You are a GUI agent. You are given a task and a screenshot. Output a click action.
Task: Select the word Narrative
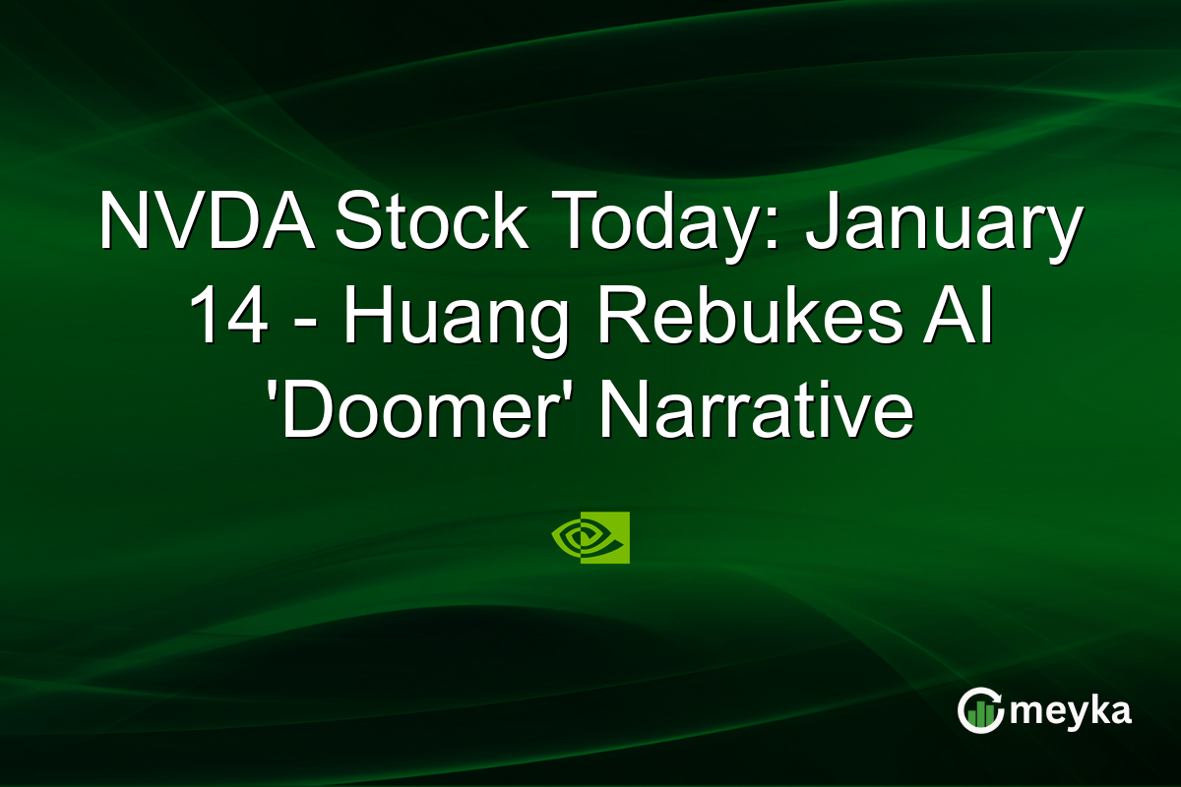pos(756,413)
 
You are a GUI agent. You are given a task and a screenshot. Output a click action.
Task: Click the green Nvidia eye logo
pos(590,537)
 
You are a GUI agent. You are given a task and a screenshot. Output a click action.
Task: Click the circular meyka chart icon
pos(980,711)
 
